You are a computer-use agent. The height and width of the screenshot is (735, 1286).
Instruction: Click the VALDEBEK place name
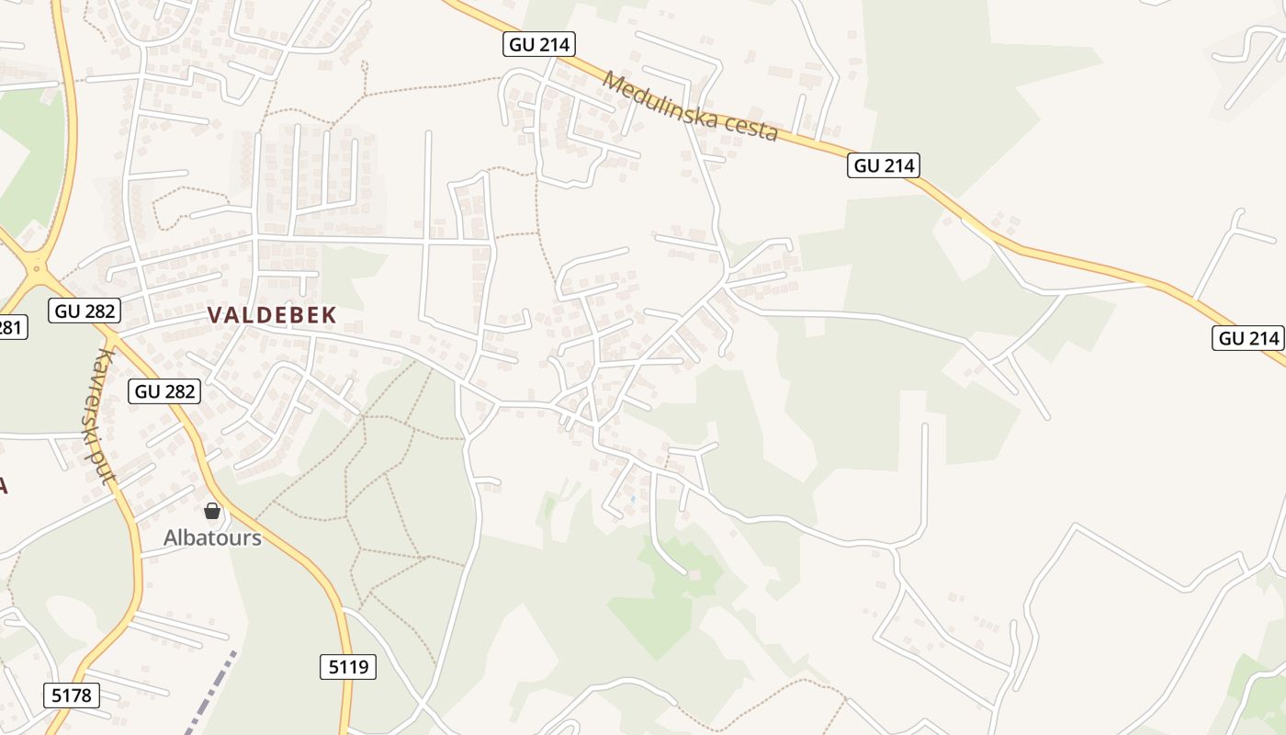pyautogui.click(x=272, y=315)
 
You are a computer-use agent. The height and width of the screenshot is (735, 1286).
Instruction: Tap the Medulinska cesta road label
pyautogui.click(x=690, y=107)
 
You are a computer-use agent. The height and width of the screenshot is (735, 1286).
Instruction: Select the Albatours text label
pyautogui.click(x=212, y=538)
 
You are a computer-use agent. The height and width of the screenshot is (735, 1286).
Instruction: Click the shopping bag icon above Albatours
pyautogui.click(x=212, y=511)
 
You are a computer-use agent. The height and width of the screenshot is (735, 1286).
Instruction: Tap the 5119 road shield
pyautogui.click(x=348, y=667)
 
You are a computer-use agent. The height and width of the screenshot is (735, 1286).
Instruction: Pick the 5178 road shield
pyautogui.click(x=71, y=695)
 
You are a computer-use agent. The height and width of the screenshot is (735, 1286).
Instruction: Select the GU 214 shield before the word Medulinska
pyautogui.click(x=538, y=43)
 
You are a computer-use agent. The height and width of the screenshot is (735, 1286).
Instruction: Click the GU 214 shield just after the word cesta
pyautogui.click(x=883, y=165)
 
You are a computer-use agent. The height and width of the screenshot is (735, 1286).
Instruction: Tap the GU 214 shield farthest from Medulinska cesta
pyautogui.click(x=1248, y=338)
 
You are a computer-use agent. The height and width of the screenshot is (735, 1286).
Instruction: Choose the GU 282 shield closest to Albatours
pyautogui.click(x=165, y=391)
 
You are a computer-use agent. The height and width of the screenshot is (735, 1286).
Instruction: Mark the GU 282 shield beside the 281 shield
pyautogui.click(x=85, y=311)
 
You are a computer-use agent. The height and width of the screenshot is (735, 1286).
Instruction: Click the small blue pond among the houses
pyautogui.click(x=632, y=499)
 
